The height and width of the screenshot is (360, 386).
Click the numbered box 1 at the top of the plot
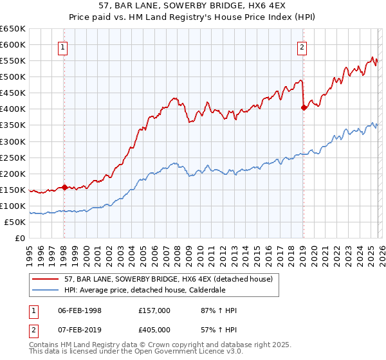[x=64, y=46]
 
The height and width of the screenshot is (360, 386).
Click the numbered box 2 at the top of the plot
[x=302, y=46]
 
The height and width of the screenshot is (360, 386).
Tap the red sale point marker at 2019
[x=304, y=108]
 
